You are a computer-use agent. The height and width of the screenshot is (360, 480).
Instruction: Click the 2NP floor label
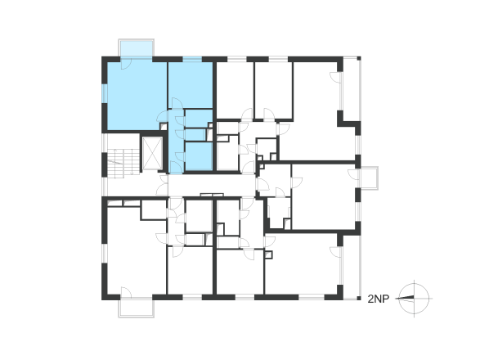[x=378, y=299]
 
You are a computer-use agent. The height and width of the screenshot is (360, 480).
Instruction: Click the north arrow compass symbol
[x=415, y=298]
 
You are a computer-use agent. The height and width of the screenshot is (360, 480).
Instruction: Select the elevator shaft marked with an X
[x=152, y=154]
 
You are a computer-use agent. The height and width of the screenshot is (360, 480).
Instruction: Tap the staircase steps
[x=123, y=164]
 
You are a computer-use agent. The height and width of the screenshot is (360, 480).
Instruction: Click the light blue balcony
[x=137, y=48]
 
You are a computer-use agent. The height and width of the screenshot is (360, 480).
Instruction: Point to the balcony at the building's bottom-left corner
[x=137, y=308]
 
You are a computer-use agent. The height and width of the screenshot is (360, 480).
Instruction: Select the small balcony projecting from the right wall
[x=369, y=178]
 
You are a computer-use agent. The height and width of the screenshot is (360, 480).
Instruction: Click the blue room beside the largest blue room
[x=191, y=85]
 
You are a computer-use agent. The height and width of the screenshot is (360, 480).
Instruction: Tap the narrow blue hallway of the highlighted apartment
[x=177, y=142]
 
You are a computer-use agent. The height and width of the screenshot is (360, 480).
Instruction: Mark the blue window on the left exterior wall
[x=105, y=94]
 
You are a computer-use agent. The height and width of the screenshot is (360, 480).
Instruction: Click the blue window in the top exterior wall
[x=192, y=60]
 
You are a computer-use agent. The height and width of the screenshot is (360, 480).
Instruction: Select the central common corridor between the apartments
[x=211, y=186]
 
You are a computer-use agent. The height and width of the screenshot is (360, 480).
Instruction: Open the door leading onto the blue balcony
[x=126, y=64]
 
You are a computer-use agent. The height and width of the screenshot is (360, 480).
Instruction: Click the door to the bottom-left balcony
[x=126, y=292]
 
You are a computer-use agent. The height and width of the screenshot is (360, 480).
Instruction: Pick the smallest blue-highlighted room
[x=195, y=135]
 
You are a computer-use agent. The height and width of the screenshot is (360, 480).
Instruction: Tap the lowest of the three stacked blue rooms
[x=199, y=156]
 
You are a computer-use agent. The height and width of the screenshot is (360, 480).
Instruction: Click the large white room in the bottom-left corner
[x=137, y=251]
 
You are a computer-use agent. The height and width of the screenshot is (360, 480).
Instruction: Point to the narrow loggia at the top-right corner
[x=352, y=89]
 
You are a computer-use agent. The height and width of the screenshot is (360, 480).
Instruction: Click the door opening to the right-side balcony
[x=354, y=174]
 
